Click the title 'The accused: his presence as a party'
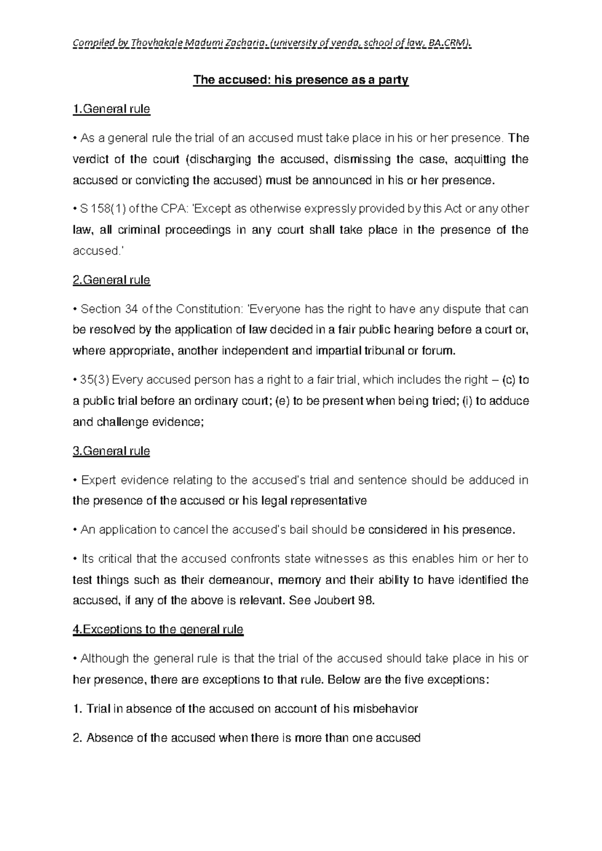click(301, 80)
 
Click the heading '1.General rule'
click(111, 109)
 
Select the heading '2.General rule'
click(111, 280)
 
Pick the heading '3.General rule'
click(111, 451)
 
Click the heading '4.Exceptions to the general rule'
click(158, 629)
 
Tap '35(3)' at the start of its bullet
click(94, 380)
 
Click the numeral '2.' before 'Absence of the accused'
click(77, 738)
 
